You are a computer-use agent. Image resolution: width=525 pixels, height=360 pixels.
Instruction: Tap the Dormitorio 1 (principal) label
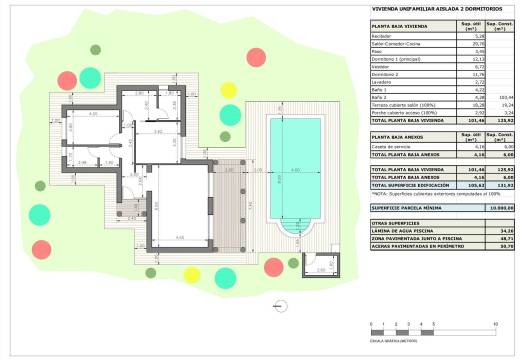[x=395, y=59]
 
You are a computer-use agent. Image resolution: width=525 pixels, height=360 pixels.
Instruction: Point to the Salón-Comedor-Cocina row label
[x=392, y=44]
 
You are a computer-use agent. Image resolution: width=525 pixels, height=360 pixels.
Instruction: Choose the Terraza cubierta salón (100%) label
[x=399, y=104]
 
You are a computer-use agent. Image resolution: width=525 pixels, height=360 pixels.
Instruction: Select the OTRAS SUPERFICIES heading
[x=396, y=222]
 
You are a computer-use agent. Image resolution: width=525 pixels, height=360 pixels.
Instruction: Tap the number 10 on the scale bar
[x=497, y=325]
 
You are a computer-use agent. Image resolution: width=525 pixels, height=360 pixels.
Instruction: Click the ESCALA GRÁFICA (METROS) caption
[x=393, y=341]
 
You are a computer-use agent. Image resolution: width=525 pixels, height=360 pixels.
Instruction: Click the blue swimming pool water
[x=294, y=170]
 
